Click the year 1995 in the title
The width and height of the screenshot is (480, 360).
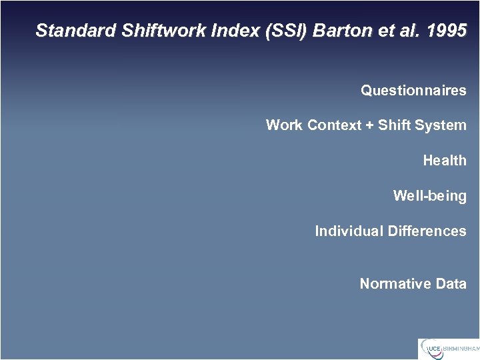click(x=447, y=31)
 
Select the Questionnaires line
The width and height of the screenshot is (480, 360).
click(x=413, y=91)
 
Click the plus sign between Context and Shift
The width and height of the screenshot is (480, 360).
click(x=369, y=126)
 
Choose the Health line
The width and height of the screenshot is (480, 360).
click(x=445, y=161)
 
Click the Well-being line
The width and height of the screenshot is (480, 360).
click(x=429, y=196)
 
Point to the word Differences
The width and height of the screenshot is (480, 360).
click(x=427, y=231)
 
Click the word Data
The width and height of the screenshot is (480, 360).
click(x=451, y=284)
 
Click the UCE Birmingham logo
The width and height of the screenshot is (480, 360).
click(x=448, y=349)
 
